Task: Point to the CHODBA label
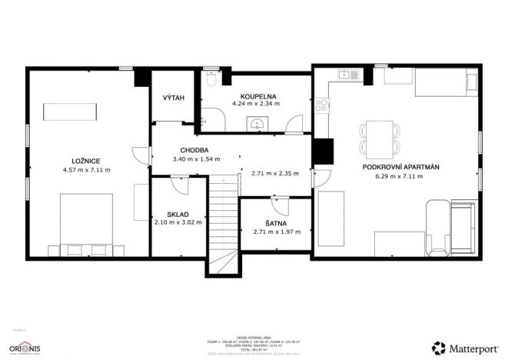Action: (x=195, y=150)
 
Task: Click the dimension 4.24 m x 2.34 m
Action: (x=254, y=104)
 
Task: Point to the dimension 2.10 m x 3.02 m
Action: (x=178, y=222)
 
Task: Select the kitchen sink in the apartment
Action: (x=346, y=75)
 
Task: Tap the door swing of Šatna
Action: (x=278, y=205)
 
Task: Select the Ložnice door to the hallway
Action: (x=141, y=154)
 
